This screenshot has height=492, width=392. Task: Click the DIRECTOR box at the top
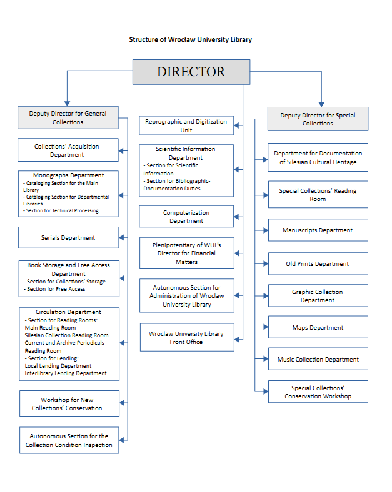[x=191, y=72]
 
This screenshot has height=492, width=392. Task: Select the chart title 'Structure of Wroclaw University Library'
[x=191, y=39]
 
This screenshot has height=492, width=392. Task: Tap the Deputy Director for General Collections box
[x=68, y=118]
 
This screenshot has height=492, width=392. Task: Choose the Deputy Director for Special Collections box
[x=318, y=119]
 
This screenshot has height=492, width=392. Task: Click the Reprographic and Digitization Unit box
[x=186, y=125]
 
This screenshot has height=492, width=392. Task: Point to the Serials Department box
[x=68, y=238]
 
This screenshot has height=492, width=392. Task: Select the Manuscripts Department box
[x=318, y=230]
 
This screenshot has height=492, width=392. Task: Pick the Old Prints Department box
[x=318, y=264]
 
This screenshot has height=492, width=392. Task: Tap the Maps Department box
[x=318, y=327]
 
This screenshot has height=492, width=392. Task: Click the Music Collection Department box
[x=318, y=360]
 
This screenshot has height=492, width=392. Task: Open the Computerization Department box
[x=186, y=217]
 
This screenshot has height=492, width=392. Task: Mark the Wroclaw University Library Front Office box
[x=186, y=338]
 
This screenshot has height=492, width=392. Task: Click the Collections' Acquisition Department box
[x=68, y=150]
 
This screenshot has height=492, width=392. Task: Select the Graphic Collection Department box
[x=318, y=296]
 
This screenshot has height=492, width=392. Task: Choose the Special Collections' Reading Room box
[x=318, y=195]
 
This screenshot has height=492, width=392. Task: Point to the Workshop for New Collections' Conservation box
[x=68, y=404]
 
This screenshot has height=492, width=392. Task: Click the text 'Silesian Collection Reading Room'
[x=66, y=335]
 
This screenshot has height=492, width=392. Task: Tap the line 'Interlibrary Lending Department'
[x=66, y=373]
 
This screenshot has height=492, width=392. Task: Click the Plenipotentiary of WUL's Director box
[x=186, y=253]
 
